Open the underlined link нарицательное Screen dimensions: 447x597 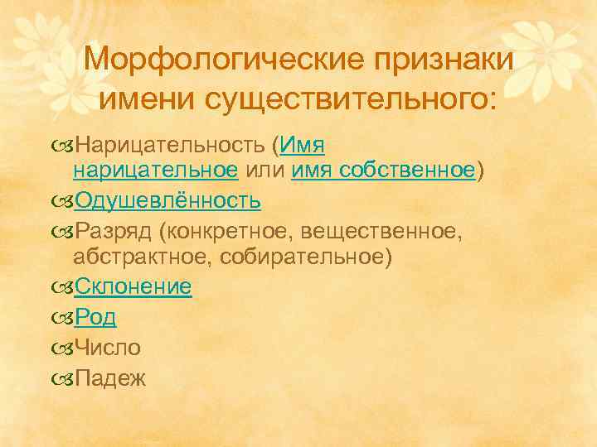(156, 171)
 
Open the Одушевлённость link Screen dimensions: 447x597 (168, 199)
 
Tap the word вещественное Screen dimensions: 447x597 (379, 228)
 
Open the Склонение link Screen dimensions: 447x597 (133, 287)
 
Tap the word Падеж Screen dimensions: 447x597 (110, 378)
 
